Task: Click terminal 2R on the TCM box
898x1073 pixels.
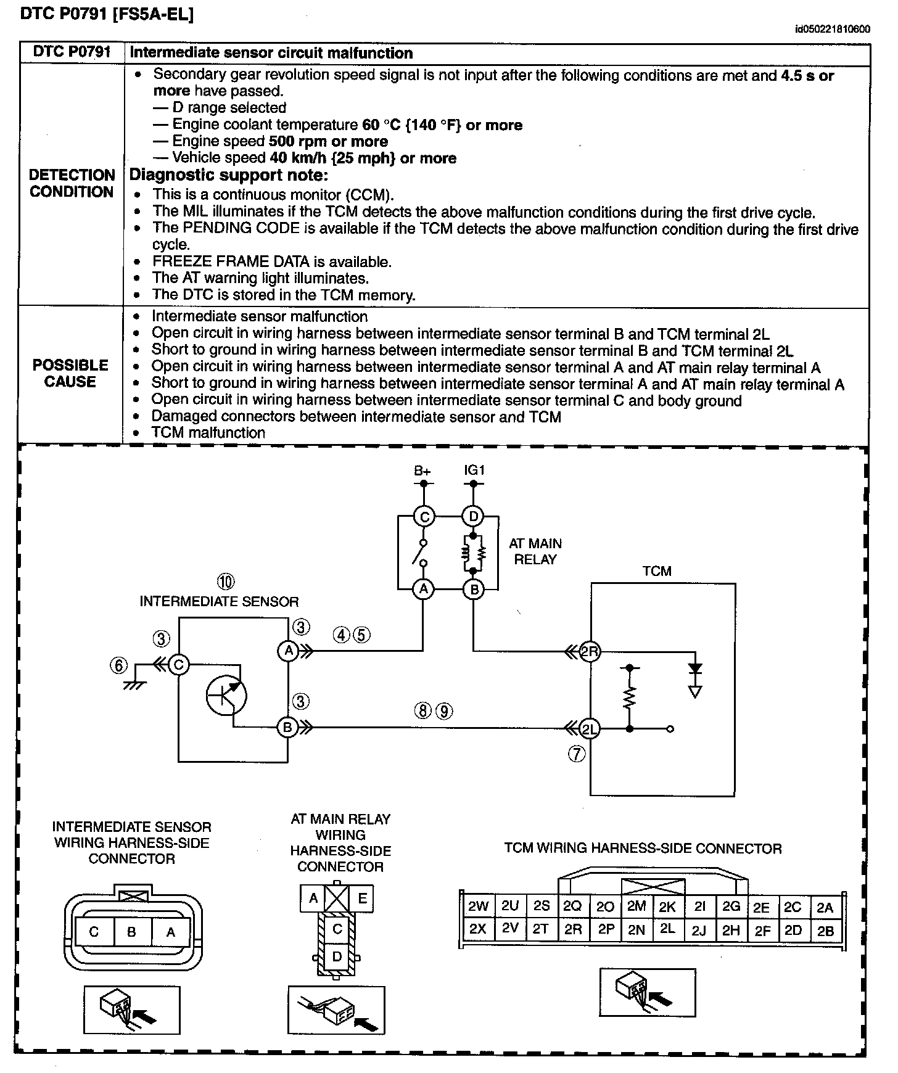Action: pos(590,651)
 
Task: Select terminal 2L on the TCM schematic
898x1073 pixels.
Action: pos(590,729)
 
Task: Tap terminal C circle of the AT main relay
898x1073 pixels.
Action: pos(424,516)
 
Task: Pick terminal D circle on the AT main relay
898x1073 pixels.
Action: pos(474,516)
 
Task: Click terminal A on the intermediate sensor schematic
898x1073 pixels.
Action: pos(287,651)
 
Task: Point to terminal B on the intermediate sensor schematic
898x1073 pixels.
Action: pos(287,728)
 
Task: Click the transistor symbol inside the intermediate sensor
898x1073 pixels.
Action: pos(226,695)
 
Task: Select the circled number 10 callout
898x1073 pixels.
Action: pos(226,581)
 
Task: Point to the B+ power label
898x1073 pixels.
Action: pos(422,471)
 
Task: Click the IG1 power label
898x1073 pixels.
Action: pos(474,470)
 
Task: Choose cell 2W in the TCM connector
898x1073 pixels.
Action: pos(478,906)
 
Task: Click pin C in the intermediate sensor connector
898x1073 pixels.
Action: pos(94,932)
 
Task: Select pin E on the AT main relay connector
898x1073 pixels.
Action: pos(362,898)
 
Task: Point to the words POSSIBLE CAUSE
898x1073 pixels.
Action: pos(70,373)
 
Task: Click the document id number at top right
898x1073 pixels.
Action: pos(833,29)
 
